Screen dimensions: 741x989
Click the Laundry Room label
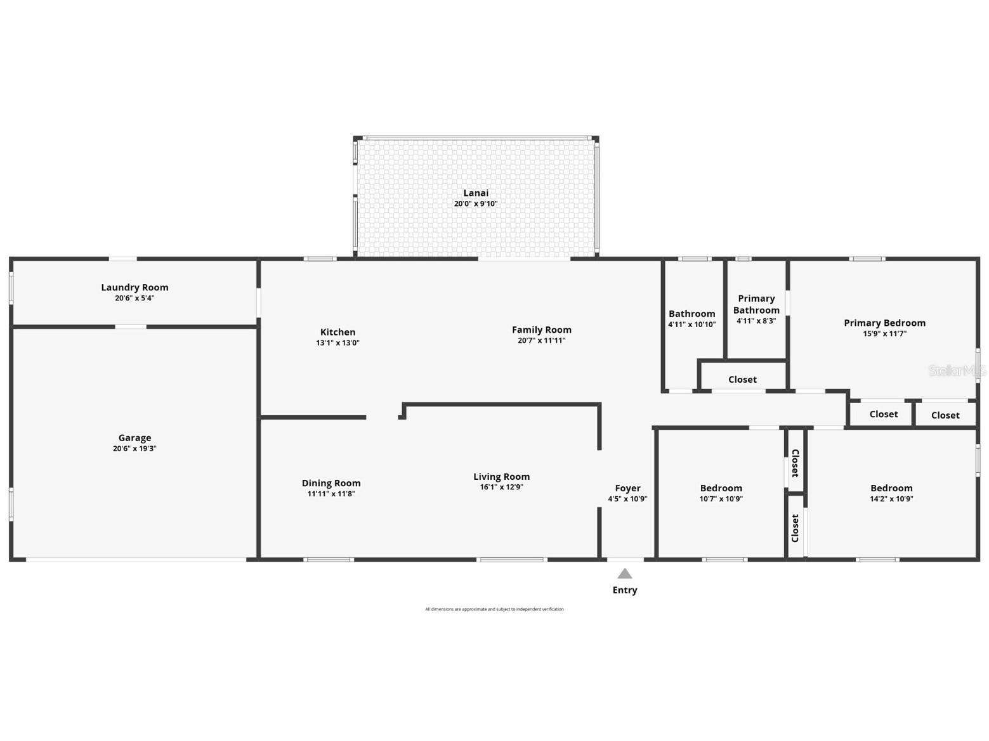pos(134,287)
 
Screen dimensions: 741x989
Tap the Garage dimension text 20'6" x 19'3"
pos(134,449)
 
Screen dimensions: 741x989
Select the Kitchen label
pos(337,332)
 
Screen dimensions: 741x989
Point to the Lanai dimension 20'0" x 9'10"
pos(475,204)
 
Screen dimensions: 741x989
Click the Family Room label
pos(541,330)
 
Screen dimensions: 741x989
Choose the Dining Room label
pos(331,483)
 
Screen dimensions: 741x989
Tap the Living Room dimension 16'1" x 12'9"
pos(501,487)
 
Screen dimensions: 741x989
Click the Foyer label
pos(627,488)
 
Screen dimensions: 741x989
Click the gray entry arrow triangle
pos(625,574)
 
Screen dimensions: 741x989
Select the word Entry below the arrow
pos(625,590)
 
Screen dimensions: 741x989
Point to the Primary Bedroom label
pos(884,323)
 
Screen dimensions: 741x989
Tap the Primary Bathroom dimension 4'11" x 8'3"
pos(756,321)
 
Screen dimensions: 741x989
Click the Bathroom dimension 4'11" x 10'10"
pos(691,325)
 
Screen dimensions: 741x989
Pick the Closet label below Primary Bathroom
pos(742,380)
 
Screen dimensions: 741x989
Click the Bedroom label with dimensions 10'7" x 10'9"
pos(721,488)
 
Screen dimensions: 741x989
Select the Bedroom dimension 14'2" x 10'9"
pos(891,499)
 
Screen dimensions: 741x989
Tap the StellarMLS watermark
pos(957,371)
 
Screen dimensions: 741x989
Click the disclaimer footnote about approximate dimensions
pos(494,609)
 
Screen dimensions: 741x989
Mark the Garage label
pos(134,437)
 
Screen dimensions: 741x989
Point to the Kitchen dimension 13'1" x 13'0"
pos(337,343)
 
